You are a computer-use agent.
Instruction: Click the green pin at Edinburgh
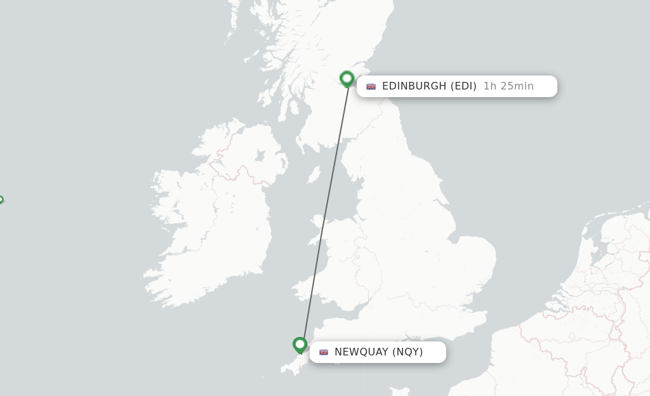[x=347, y=79]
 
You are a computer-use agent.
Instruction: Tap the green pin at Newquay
[x=300, y=345]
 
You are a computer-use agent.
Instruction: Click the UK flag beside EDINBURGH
[x=371, y=86]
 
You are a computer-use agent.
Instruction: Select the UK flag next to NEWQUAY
[x=324, y=352]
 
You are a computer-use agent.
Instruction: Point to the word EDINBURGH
[x=414, y=86]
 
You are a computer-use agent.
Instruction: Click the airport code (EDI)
[x=463, y=86]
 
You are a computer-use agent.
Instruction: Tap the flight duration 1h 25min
[x=508, y=86]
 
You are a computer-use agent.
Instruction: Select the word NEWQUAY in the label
[x=361, y=352]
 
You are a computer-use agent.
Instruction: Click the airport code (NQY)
[x=408, y=352]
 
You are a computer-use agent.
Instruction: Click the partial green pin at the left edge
[x=1, y=200]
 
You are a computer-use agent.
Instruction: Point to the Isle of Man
[x=314, y=175]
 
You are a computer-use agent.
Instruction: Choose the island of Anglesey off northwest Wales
[x=317, y=222]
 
